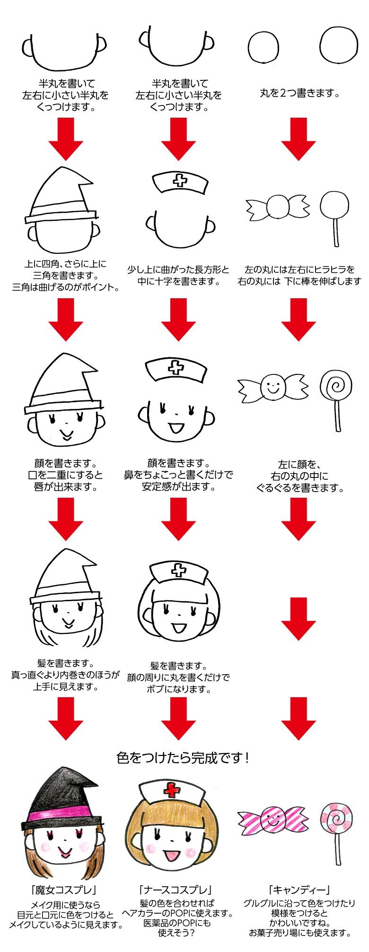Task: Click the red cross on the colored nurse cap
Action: pyautogui.click(x=172, y=789)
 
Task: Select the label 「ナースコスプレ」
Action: pyautogui.click(x=176, y=890)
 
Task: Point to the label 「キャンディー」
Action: pyautogui.click(x=299, y=890)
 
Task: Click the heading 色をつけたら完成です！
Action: pyautogui.click(x=183, y=758)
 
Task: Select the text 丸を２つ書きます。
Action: pyautogui.click(x=300, y=94)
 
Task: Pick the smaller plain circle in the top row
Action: pyautogui.click(x=263, y=48)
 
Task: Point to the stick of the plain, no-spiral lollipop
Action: pyautogui.click(x=336, y=232)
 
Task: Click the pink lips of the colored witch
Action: pyautogui.click(x=65, y=852)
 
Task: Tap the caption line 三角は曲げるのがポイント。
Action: pyautogui.click(x=66, y=287)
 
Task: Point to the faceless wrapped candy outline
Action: pyautogui.click(x=278, y=207)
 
